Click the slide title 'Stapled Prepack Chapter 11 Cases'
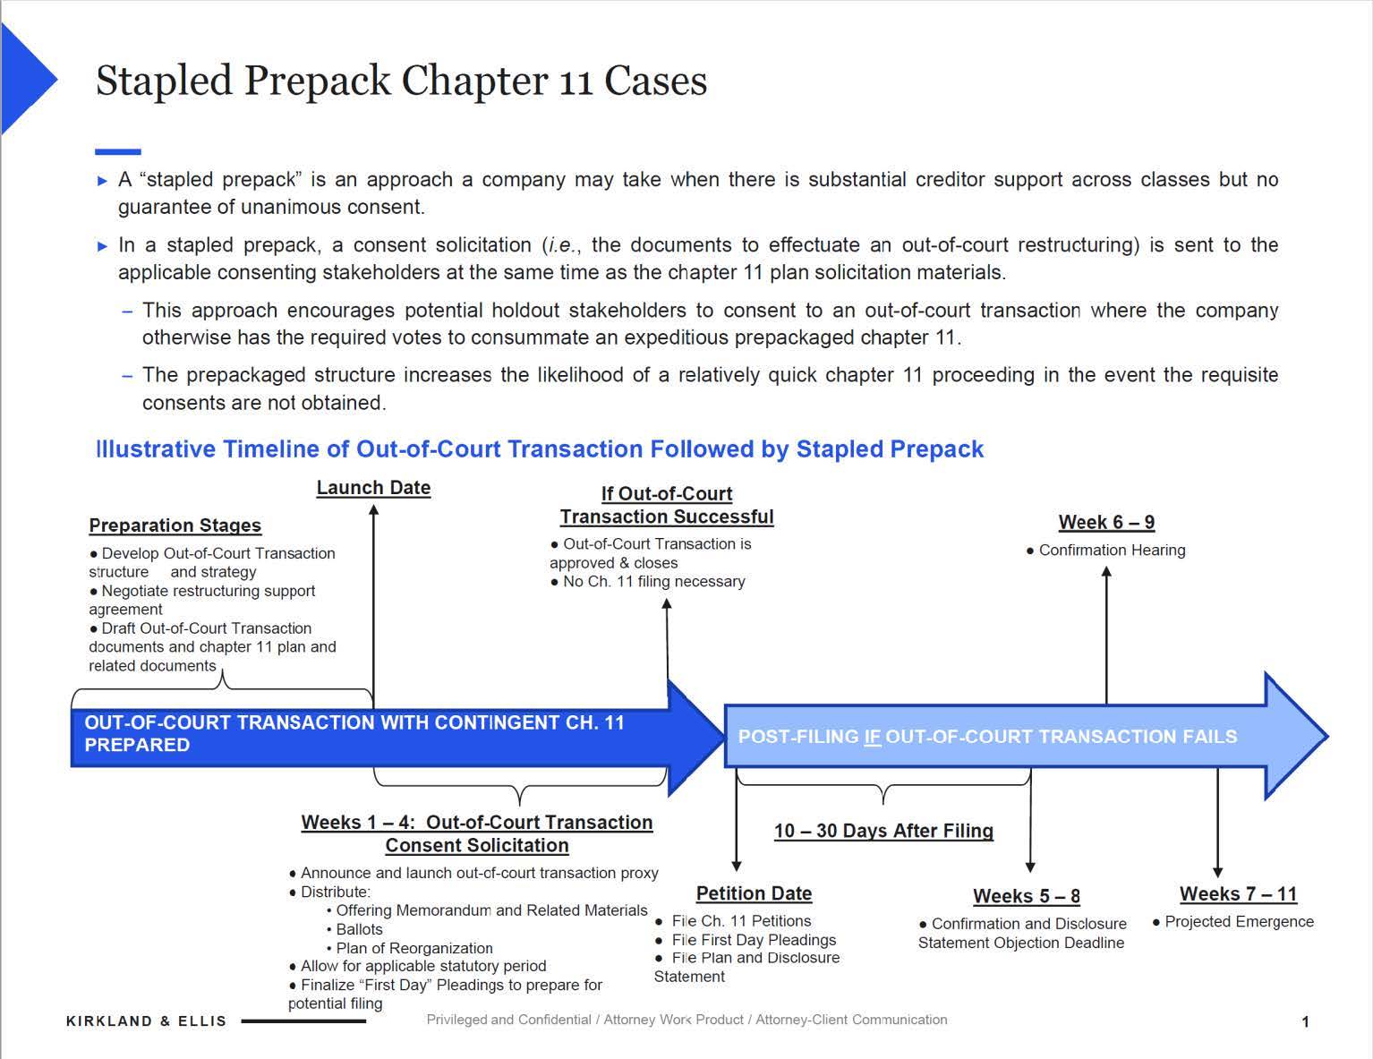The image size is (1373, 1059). (401, 81)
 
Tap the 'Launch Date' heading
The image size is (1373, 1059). (373, 488)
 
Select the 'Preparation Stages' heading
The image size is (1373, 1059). (175, 525)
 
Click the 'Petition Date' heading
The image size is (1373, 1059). (754, 893)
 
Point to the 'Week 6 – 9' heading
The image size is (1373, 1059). (1106, 522)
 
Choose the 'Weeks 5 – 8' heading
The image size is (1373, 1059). (1027, 896)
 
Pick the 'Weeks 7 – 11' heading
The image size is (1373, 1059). (1238, 893)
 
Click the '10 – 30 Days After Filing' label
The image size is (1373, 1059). (883, 831)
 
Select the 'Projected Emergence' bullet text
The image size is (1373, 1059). (1239, 921)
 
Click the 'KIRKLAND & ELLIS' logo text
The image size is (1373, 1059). (147, 1021)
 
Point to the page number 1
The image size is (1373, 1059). (1305, 1021)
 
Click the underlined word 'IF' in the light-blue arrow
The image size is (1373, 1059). (873, 737)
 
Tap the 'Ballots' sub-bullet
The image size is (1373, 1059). (359, 929)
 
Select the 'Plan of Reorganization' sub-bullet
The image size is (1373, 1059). (414, 948)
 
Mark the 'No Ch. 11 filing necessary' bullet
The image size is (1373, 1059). (653, 581)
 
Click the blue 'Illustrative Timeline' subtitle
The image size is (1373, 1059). (540, 448)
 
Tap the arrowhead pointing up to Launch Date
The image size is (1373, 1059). (374, 509)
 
